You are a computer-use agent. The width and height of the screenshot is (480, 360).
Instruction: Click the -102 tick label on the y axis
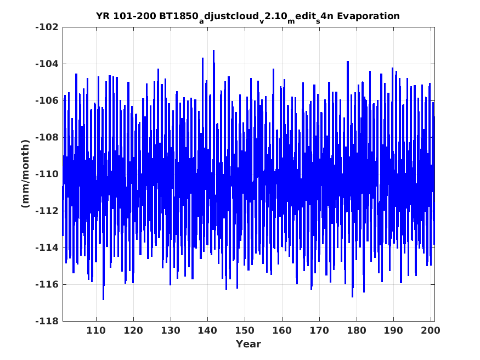47,27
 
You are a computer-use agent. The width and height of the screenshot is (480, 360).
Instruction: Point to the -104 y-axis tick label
47,64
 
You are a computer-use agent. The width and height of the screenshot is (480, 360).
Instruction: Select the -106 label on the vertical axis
47,101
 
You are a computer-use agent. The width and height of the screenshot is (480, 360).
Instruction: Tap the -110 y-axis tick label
47,174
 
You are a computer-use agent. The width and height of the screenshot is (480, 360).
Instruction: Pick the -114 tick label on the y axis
47,248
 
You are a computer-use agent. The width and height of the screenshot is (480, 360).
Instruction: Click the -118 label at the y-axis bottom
47,321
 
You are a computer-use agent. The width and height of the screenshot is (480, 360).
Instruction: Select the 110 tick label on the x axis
96,330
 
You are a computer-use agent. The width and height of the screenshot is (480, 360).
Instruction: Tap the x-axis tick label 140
207,330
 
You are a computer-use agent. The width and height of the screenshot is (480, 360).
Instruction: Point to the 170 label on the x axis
319,330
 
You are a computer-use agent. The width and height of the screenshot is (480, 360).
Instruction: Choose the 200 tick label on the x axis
431,330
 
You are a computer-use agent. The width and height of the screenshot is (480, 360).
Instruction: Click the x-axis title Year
249,344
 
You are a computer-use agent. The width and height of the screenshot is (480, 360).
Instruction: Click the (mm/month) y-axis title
26,174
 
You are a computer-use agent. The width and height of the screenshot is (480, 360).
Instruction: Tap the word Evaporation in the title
368,16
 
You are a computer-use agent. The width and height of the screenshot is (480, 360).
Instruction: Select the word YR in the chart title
103,16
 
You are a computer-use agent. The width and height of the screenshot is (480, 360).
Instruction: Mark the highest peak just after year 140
214,50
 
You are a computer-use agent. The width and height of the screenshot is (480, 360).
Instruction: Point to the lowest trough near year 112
104,300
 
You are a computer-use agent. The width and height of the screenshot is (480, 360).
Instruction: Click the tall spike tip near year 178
348,61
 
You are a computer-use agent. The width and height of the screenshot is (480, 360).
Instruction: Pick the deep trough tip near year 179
352,297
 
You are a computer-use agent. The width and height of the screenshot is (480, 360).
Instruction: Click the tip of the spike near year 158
273,69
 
